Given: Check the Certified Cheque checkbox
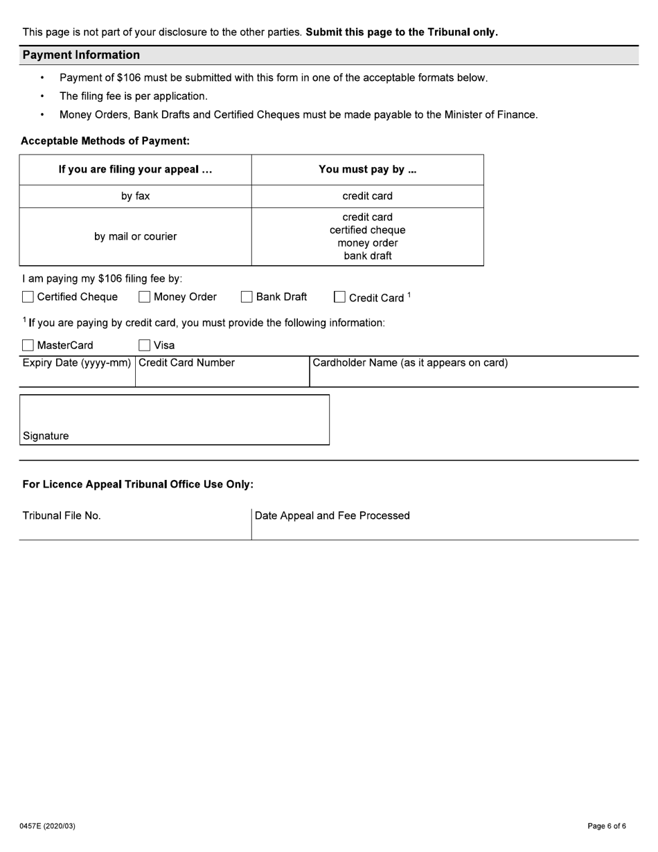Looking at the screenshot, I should tap(28, 297).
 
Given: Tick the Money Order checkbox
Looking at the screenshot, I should tap(144, 297).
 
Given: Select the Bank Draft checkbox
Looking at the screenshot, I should tap(247, 297).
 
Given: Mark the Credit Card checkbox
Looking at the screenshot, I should tap(339, 297).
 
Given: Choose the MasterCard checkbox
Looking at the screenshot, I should tap(28, 345).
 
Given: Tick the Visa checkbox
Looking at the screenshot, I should tap(144, 345).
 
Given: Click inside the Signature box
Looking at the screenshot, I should tap(174, 416).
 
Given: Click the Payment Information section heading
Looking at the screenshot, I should tap(81, 55).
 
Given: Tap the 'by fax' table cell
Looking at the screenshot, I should tap(136, 196).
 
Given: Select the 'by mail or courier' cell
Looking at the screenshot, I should tap(136, 237).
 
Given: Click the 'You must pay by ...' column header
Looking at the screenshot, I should tap(367, 170).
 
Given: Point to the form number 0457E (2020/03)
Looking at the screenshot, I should tap(48, 826).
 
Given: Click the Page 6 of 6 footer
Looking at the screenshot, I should tap(607, 826).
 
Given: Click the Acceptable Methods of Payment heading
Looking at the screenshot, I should tap(105, 141).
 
